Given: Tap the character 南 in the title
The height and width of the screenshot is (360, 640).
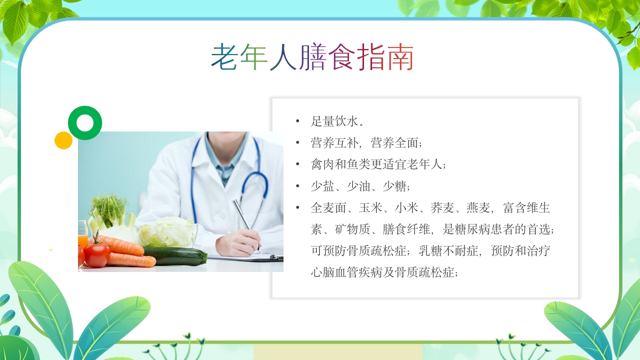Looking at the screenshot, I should [x=400, y=57].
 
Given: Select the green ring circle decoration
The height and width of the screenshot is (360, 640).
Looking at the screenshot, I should [x=85, y=123].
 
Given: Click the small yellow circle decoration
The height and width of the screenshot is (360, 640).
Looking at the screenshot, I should [x=63, y=140].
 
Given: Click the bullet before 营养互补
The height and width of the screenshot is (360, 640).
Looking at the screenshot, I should [x=298, y=143].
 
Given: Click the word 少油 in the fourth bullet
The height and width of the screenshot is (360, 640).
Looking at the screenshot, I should [x=358, y=186].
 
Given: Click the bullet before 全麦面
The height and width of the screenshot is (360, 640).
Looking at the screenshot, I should [x=298, y=207].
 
